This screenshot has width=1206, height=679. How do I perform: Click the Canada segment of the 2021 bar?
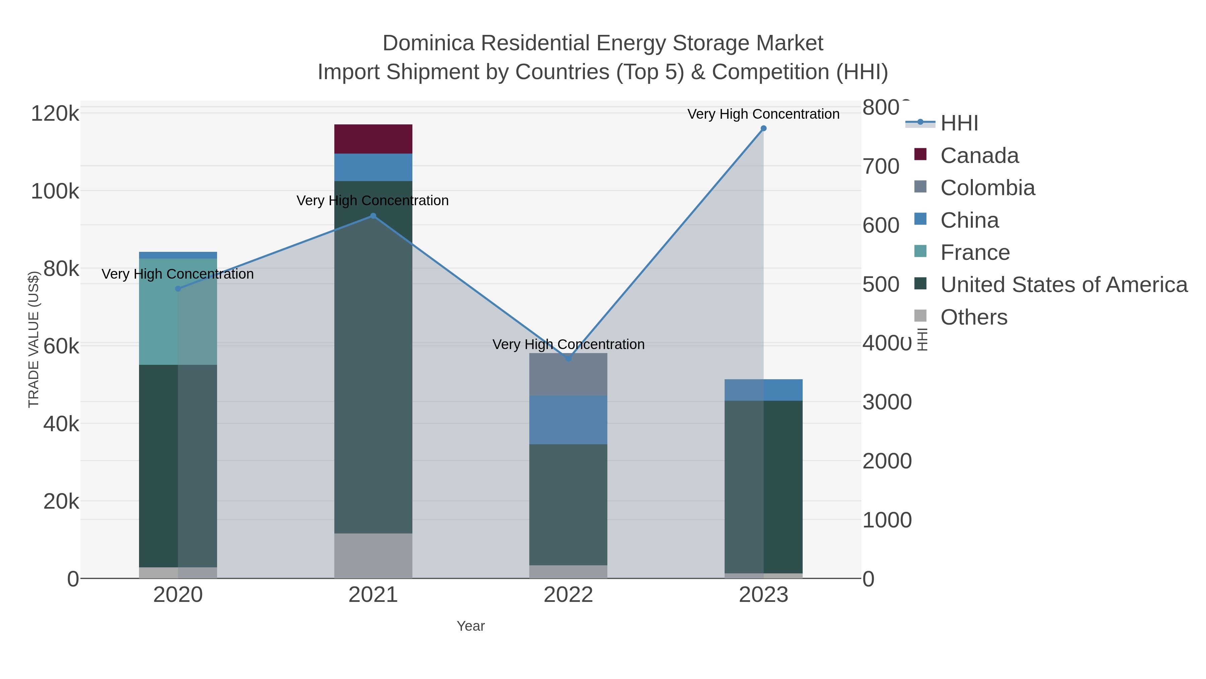(373, 139)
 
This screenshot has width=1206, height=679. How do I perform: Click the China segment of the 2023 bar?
(763, 390)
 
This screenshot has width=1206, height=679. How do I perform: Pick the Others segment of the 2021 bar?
(373, 555)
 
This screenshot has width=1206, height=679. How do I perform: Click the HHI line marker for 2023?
(763, 128)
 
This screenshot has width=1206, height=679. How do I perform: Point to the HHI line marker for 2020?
(178, 289)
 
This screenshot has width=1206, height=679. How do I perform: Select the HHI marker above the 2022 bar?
(568, 358)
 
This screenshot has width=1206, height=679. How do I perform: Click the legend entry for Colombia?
(988, 188)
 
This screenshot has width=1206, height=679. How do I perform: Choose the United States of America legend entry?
(1064, 285)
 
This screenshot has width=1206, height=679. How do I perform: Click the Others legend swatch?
(921, 316)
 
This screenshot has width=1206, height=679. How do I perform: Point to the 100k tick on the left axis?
(55, 191)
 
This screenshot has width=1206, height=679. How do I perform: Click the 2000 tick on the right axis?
(887, 461)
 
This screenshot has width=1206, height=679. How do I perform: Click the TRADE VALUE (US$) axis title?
(34, 339)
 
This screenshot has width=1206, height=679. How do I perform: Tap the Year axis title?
(471, 626)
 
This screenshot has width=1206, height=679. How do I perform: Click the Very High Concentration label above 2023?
(763, 114)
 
